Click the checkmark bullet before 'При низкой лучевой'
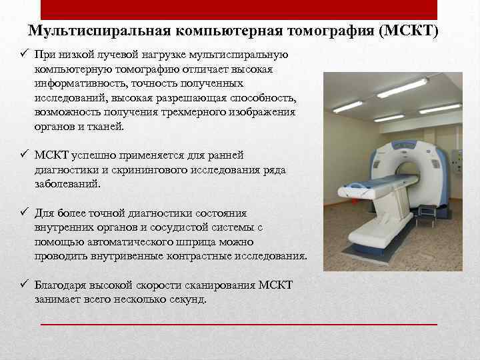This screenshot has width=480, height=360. [x=23, y=54]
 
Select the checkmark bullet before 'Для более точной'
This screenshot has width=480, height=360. [x=23, y=213]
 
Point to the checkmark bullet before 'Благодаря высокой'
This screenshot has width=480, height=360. [x=23, y=285]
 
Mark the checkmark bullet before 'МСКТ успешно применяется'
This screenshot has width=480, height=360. [x=23, y=155]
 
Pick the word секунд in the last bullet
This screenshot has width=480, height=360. [x=188, y=300]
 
